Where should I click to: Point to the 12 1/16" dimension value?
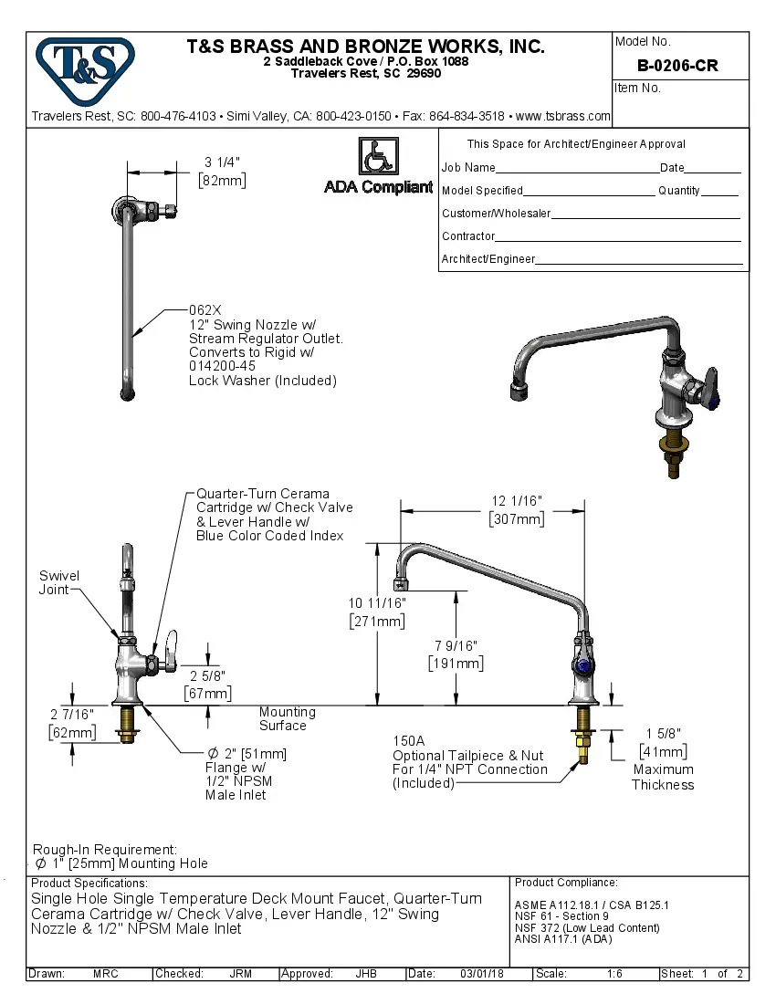point(517,501)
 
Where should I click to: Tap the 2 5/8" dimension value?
point(207,676)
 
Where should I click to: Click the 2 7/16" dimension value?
point(71,714)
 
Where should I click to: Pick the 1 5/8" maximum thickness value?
point(663,734)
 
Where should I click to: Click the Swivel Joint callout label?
point(58,582)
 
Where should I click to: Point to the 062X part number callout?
point(205,310)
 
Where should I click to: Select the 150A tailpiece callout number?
point(409,741)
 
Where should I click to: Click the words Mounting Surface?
point(286,718)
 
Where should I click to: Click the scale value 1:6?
point(614,974)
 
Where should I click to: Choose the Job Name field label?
point(468,168)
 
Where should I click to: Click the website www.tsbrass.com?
point(562,117)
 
